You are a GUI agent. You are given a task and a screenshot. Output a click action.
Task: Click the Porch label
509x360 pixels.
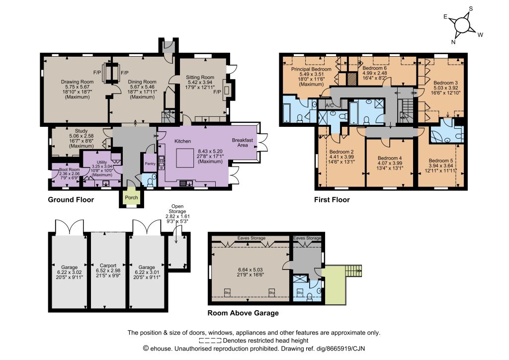pos(131,197)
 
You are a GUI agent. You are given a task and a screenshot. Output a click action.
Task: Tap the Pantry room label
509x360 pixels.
pos(150,164)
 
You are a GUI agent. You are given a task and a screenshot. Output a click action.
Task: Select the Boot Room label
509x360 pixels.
pos(70,170)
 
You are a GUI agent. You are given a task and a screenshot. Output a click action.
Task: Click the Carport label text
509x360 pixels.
pos(108,265)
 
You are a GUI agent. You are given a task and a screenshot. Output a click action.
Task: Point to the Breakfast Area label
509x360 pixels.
pos(243,143)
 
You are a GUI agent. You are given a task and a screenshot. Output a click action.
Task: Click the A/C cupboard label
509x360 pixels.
pos(330,105)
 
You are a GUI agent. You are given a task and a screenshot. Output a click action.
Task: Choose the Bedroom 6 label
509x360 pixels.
pos(375,68)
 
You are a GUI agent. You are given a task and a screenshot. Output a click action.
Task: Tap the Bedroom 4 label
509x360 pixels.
pos(390,158)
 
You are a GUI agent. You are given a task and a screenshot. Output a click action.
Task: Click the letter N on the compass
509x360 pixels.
pos(453,42)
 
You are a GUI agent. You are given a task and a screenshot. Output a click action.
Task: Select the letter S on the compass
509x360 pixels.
pos(471,9)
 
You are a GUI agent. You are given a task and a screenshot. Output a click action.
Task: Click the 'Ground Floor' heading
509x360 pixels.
pos(71,199)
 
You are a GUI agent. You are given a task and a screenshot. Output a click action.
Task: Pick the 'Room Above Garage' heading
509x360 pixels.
pos(243,313)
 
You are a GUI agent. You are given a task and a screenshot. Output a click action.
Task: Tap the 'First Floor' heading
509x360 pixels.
pos(332,199)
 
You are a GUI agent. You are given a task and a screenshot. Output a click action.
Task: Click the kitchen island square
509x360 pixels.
pos(185,158)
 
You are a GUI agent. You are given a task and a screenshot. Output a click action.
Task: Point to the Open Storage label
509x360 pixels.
pos(177,209)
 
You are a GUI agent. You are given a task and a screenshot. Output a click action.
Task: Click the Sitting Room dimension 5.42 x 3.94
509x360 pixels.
pos(200,82)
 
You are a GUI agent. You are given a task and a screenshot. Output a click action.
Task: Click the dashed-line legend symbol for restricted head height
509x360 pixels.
pos(210,341)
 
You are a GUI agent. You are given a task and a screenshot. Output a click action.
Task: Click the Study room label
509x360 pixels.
pos(81,131)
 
